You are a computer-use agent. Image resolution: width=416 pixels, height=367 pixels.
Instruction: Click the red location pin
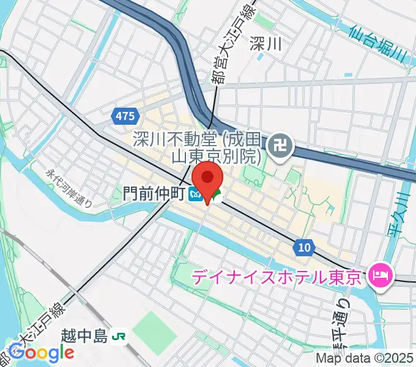(x=209, y=179)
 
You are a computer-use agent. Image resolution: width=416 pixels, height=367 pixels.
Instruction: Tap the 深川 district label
(x=266, y=43)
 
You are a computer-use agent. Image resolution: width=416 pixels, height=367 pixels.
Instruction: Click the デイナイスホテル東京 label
(x=277, y=276)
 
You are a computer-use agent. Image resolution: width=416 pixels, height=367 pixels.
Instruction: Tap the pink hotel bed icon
(x=379, y=276)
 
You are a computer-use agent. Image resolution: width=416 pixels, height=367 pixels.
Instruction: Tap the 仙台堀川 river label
(x=379, y=42)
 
